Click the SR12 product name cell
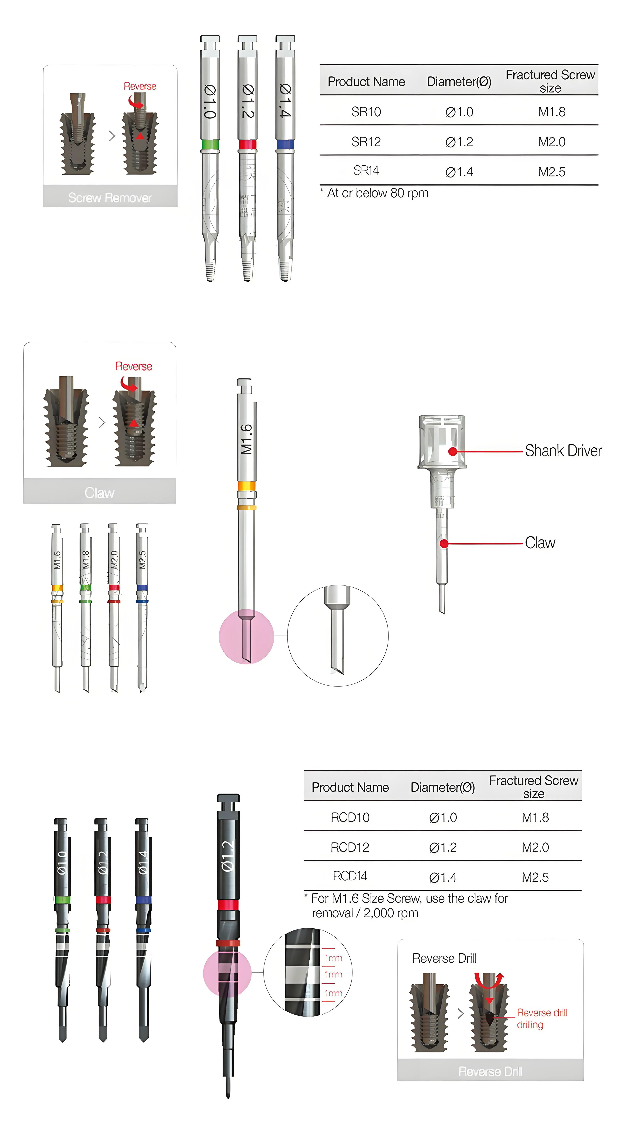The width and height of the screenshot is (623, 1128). tap(366, 141)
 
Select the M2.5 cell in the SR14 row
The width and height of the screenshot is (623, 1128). tap(552, 172)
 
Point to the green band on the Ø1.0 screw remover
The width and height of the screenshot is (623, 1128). tap(210, 144)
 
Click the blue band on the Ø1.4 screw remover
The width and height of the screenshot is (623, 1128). tap(285, 144)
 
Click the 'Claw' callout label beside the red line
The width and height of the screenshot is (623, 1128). tap(540, 543)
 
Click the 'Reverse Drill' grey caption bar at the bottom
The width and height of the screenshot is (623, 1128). tap(490, 1071)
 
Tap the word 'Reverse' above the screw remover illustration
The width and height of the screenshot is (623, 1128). tap(140, 86)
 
